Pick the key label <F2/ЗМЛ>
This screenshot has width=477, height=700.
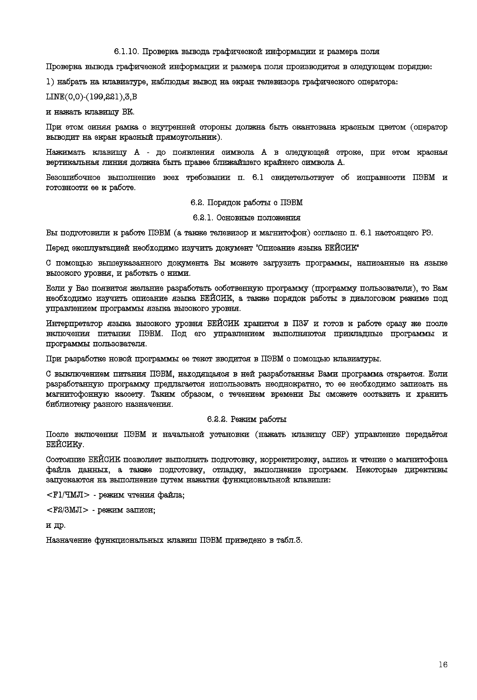(x=67, y=510)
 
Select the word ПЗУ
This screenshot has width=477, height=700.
(x=299, y=323)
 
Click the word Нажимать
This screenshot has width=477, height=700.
(x=66, y=152)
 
